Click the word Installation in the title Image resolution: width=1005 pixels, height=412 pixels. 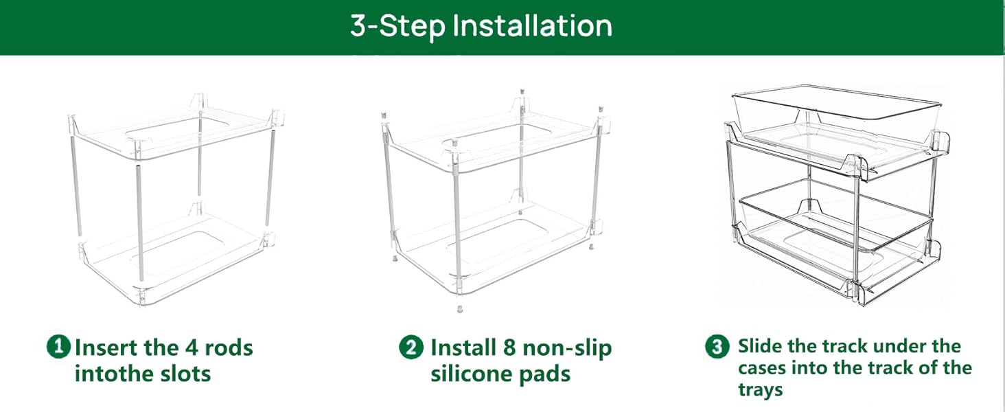pyautogui.click(x=532, y=26)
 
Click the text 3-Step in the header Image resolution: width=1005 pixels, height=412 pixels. pyautogui.click(x=397, y=26)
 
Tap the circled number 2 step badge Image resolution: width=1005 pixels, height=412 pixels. pyautogui.click(x=411, y=347)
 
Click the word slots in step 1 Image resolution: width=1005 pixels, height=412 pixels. pyautogui.click(x=185, y=374)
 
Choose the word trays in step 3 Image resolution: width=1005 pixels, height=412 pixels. pyautogui.click(x=761, y=391)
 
